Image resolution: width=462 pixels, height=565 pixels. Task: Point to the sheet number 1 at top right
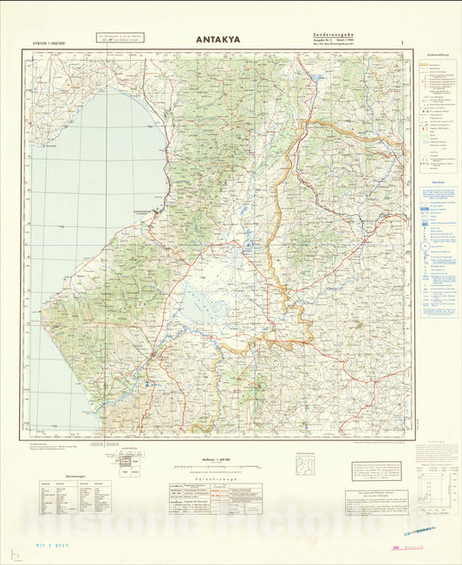pos(401,42)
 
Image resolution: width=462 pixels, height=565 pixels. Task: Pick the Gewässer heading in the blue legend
pos(439,182)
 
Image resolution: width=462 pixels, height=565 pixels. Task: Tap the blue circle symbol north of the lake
pos(248,246)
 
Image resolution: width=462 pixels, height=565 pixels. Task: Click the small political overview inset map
pos(305,466)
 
